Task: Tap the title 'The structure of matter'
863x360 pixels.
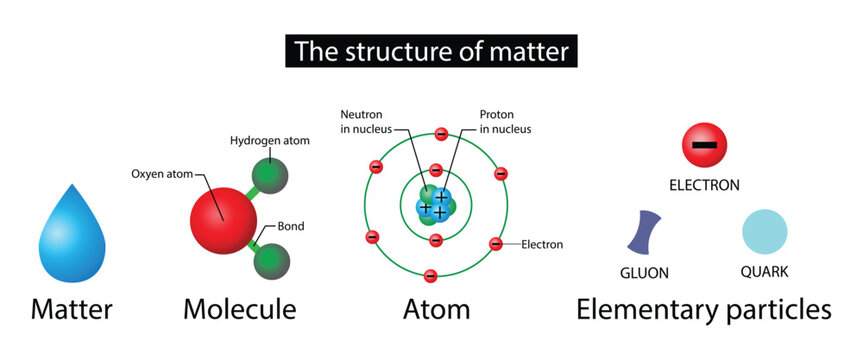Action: click(430, 48)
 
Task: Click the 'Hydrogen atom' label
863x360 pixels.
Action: click(269, 141)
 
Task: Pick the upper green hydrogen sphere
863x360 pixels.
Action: click(269, 179)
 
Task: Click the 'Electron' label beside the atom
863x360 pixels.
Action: click(543, 244)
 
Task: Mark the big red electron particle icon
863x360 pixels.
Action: click(704, 146)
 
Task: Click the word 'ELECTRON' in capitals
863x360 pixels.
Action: click(704, 185)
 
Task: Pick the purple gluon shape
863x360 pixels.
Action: click(645, 232)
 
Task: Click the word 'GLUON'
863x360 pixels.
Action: click(644, 272)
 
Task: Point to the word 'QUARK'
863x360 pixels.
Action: click(765, 272)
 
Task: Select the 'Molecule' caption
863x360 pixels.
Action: click(239, 310)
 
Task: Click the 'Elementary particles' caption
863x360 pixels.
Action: click(703, 310)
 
